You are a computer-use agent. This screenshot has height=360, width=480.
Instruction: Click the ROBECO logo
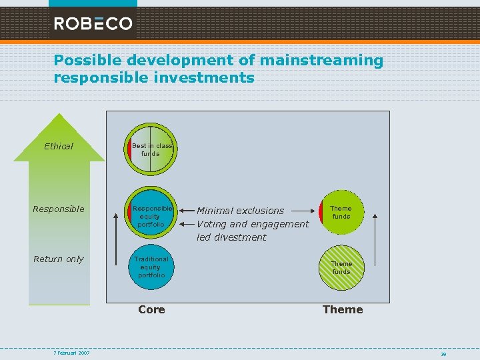tap(93, 24)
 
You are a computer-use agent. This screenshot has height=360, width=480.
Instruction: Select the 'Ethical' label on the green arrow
tap(59, 146)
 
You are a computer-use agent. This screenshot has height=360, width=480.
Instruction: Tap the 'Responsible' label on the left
tap(59, 209)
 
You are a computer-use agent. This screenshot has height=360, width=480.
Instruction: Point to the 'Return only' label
tap(59, 259)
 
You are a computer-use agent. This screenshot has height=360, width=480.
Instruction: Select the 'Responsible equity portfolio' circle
tap(151, 212)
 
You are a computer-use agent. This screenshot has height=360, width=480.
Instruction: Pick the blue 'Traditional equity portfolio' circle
tap(151, 267)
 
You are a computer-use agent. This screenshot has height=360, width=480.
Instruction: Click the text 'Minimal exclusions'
tap(240, 211)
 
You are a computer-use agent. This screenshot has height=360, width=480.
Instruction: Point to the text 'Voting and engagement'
tap(253, 224)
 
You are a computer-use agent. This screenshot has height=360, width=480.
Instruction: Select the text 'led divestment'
tap(231, 237)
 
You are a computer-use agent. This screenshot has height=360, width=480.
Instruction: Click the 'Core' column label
tap(151, 309)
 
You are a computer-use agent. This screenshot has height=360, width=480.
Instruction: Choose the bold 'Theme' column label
tap(343, 309)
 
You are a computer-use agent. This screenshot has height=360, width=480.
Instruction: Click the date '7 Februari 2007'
tap(72, 353)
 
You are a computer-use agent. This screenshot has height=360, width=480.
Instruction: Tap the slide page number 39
tap(443, 354)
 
